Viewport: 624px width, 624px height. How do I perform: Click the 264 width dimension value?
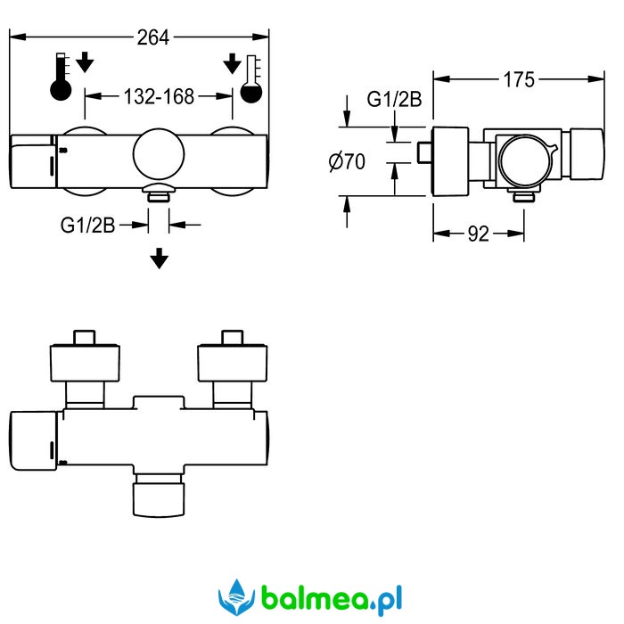coord(153,37)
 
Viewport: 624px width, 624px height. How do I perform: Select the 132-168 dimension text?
coord(159,96)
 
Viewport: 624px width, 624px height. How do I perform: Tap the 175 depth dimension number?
coord(519,79)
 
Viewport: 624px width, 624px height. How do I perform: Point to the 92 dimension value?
coord(479,234)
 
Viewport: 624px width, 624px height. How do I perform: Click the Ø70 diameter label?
coord(347,161)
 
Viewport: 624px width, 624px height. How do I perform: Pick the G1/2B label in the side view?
coord(394,99)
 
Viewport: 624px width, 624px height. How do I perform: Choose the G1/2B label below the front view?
coord(87,226)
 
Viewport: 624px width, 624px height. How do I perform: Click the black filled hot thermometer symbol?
coord(61,77)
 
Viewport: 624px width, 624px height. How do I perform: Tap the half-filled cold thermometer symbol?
coord(251,78)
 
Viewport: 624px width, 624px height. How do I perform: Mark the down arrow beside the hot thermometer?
coord(85,62)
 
